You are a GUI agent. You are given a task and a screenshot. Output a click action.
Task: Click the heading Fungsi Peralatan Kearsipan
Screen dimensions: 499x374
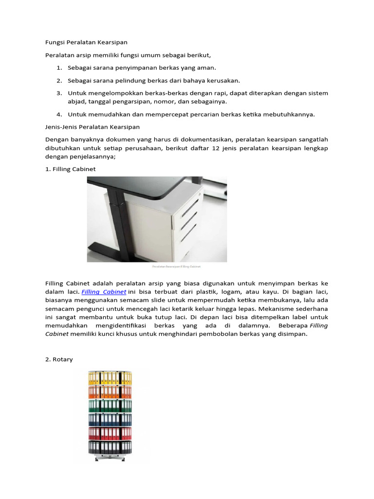86,42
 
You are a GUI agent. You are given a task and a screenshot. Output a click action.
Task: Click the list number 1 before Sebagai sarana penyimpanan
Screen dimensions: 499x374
59,68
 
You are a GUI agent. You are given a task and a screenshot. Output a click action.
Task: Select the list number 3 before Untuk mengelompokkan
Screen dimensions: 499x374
59,93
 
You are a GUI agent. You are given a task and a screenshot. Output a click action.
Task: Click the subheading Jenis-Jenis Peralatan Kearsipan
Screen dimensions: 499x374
92,127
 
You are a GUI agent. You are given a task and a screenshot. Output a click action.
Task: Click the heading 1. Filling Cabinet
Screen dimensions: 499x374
70,169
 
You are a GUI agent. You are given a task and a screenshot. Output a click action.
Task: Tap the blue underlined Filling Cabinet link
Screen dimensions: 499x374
104,292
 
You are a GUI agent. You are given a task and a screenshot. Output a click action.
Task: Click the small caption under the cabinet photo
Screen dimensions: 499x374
176,267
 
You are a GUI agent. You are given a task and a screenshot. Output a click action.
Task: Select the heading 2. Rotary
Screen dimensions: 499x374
59,359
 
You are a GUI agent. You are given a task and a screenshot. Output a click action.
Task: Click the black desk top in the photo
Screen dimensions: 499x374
136,184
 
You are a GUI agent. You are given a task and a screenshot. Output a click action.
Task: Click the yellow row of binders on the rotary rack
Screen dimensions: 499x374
110,377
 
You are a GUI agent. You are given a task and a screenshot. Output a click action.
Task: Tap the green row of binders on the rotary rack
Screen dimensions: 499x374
110,405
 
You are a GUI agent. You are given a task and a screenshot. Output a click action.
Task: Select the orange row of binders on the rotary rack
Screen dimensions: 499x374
110,391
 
